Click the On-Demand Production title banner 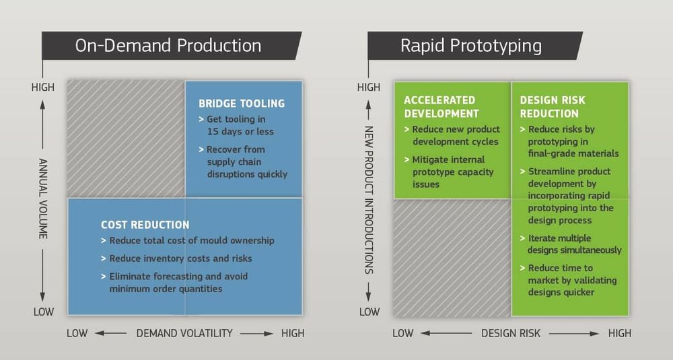tap(168, 46)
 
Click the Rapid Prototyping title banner tap(471, 46)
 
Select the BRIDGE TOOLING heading tap(242, 104)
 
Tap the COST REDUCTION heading tap(145, 225)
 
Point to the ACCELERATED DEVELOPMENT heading tap(441, 106)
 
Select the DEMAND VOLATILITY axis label tap(184, 333)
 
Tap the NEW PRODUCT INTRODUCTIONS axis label tap(369, 199)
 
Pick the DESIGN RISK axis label tap(509, 333)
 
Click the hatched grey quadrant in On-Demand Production tap(126, 138)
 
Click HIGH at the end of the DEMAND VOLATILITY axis tap(293, 333)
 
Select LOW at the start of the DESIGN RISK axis tap(402, 333)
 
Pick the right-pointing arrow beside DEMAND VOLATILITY tap(256, 333)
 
